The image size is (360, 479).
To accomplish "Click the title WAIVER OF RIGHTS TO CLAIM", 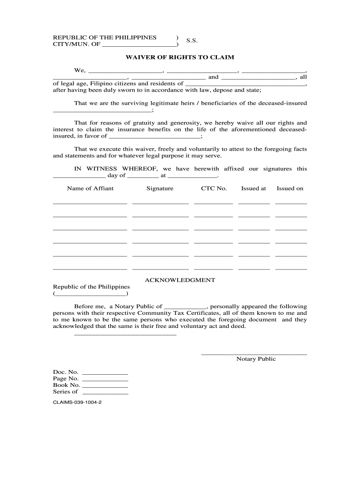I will click(x=180, y=57).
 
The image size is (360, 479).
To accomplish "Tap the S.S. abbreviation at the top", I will click(x=192, y=41).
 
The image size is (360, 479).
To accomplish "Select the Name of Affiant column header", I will click(x=90, y=189).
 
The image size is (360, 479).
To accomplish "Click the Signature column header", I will click(x=160, y=189).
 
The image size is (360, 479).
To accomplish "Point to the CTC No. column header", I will click(x=214, y=189).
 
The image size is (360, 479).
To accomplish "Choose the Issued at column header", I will click(x=253, y=189).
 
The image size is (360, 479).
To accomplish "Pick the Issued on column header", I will click(x=290, y=189).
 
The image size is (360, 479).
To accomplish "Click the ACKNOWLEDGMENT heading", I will click(x=180, y=280).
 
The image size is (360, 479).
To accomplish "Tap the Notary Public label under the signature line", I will click(x=256, y=359).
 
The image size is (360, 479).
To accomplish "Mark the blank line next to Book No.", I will click(x=105, y=387).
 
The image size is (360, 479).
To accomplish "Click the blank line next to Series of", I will click(x=105, y=393).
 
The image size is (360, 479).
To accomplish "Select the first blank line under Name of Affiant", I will click(x=90, y=203).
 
